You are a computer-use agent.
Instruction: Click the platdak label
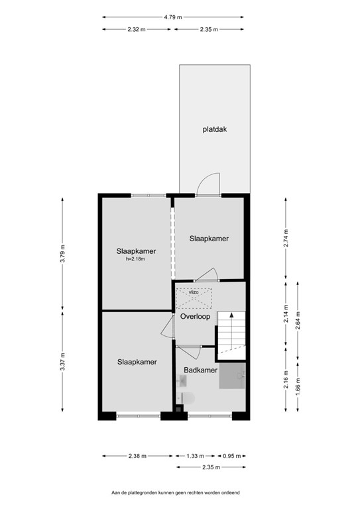(x=215, y=130)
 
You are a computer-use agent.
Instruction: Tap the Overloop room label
(x=195, y=317)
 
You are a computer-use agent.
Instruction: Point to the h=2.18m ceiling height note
(x=135, y=259)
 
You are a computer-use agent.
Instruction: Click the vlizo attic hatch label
(x=194, y=292)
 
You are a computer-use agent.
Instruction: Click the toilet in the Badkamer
(x=188, y=398)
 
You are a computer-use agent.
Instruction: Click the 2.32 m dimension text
(x=138, y=29)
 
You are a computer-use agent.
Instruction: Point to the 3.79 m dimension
(x=62, y=254)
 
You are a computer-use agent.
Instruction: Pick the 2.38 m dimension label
(x=137, y=456)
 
